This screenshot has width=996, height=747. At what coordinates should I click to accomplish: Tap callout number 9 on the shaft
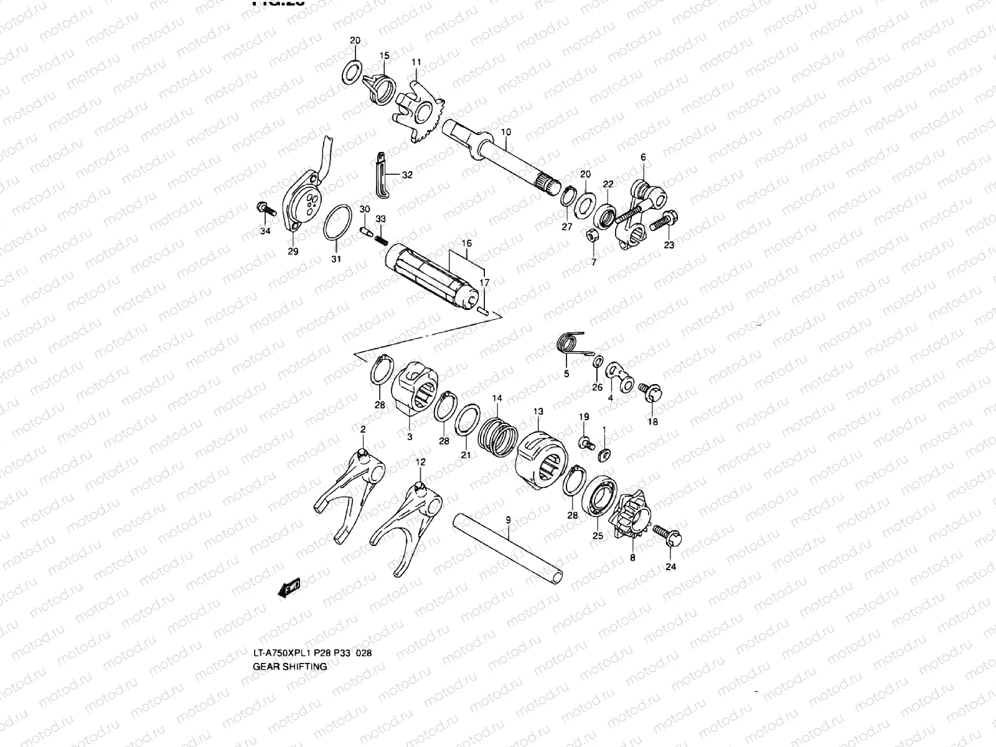pos(508,519)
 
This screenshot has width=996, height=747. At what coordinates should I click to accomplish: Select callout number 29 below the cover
pos(293,251)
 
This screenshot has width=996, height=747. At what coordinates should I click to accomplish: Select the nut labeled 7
pos(593,235)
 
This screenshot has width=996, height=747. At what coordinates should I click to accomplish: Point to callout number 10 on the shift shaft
pos(505,132)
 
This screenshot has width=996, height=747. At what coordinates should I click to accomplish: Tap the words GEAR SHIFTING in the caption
pos(289,666)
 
